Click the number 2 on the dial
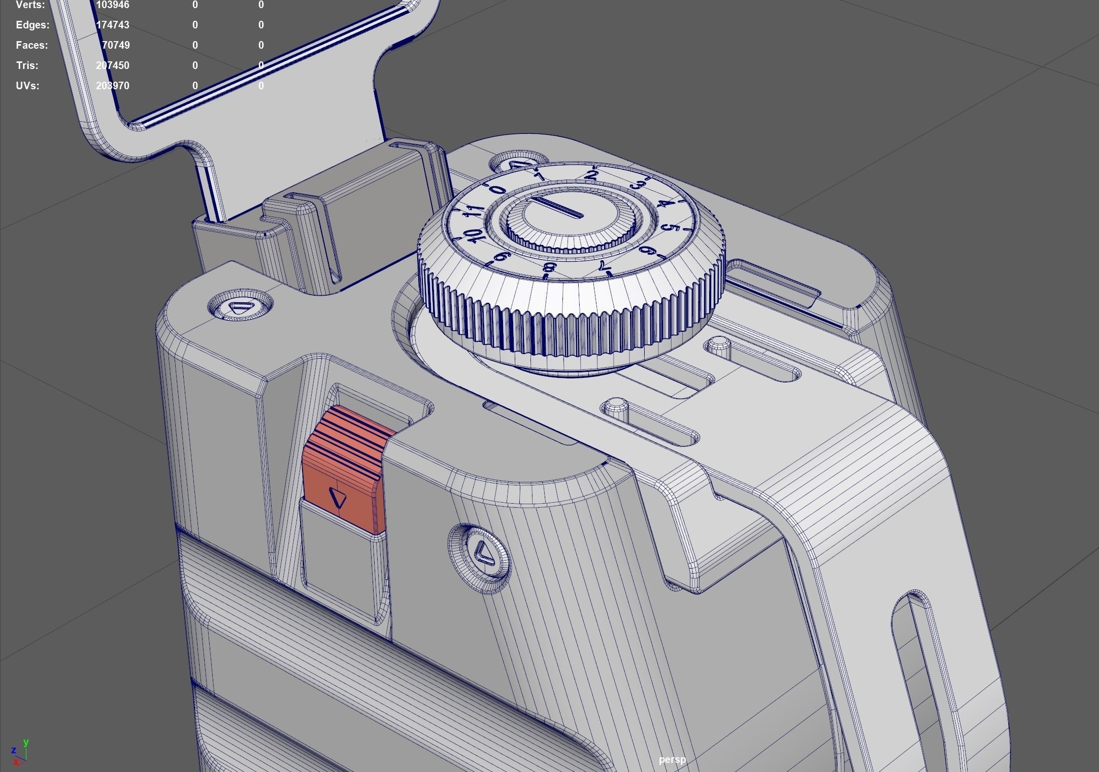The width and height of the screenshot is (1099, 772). point(592,176)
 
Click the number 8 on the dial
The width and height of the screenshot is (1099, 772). point(549,267)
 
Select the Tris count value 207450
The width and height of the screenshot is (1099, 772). point(112,65)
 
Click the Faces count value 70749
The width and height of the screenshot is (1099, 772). point(116,45)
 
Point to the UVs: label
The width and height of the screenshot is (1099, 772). point(27,86)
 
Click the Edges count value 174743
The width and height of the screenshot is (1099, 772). point(112,25)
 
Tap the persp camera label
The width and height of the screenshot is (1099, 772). point(672,759)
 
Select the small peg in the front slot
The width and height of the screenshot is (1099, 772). point(616,406)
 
